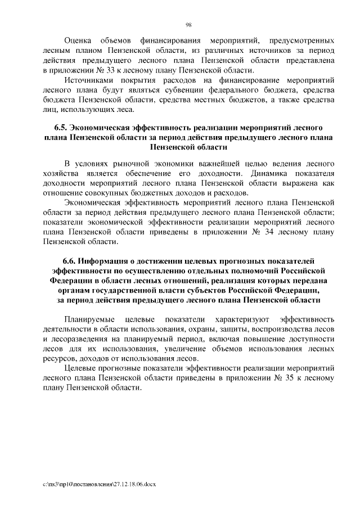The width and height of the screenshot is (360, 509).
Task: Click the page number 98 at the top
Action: click(188, 24)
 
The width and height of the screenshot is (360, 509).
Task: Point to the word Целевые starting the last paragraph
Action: click(79, 368)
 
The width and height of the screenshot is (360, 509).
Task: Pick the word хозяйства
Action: click(60, 173)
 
